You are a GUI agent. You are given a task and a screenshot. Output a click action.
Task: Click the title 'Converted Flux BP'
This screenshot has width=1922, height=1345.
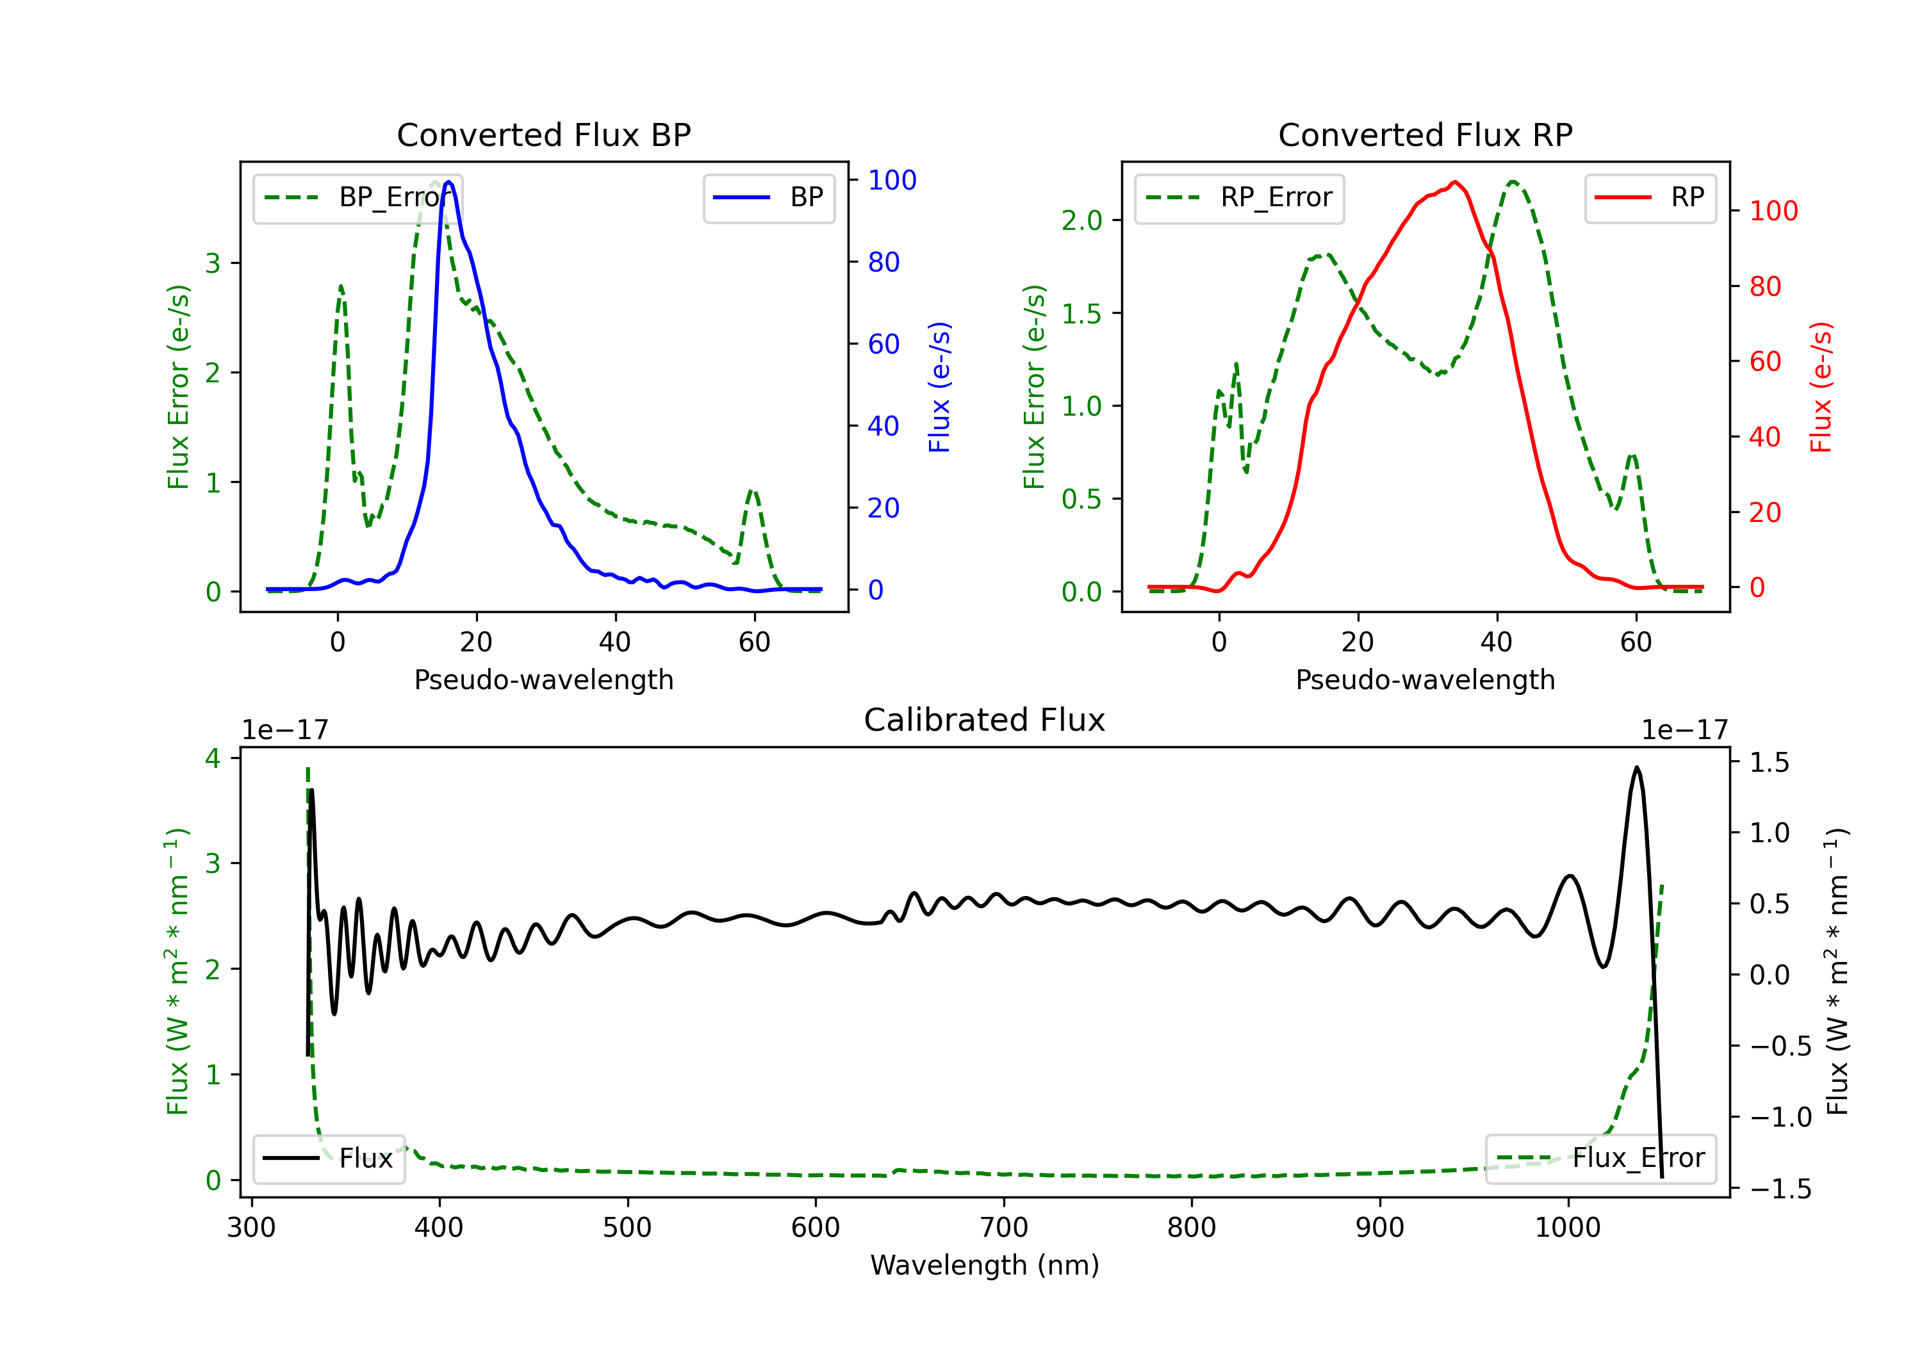click(544, 134)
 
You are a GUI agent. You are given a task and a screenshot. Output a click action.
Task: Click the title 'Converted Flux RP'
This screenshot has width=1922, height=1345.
click(1425, 134)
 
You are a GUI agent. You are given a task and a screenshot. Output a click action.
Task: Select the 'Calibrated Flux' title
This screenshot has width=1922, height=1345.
click(985, 720)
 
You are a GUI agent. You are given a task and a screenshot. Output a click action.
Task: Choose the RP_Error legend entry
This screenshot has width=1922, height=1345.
click(1240, 197)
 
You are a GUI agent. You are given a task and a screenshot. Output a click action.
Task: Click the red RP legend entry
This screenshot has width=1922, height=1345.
click(1650, 197)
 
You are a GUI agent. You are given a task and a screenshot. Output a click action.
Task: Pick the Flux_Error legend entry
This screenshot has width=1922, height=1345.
click(1600, 1159)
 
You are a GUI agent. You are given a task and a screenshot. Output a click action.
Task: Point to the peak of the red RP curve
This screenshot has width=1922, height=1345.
click(1455, 182)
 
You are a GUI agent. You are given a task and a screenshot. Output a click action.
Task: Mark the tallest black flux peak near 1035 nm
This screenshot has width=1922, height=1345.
click(1636, 767)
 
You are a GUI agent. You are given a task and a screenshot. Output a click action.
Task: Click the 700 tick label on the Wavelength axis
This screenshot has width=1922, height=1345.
click(1004, 1228)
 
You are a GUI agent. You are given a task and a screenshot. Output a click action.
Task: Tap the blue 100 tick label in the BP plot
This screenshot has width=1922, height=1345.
click(892, 180)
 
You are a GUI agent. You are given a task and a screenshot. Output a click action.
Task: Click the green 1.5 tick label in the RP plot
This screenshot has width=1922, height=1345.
click(1081, 314)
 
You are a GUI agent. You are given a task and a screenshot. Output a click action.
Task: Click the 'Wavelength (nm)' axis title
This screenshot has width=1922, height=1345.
click(985, 1265)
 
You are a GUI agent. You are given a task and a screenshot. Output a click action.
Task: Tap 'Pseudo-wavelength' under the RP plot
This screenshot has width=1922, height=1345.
click(1425, 680)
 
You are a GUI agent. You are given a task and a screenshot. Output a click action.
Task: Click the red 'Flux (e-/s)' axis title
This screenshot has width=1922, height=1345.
click(1821, 387)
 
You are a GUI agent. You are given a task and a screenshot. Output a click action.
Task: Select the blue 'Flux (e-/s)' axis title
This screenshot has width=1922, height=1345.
click(940, 387)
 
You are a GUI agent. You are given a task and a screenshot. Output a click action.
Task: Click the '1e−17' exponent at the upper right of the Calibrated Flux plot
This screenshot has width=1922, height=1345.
click(1684, 731)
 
